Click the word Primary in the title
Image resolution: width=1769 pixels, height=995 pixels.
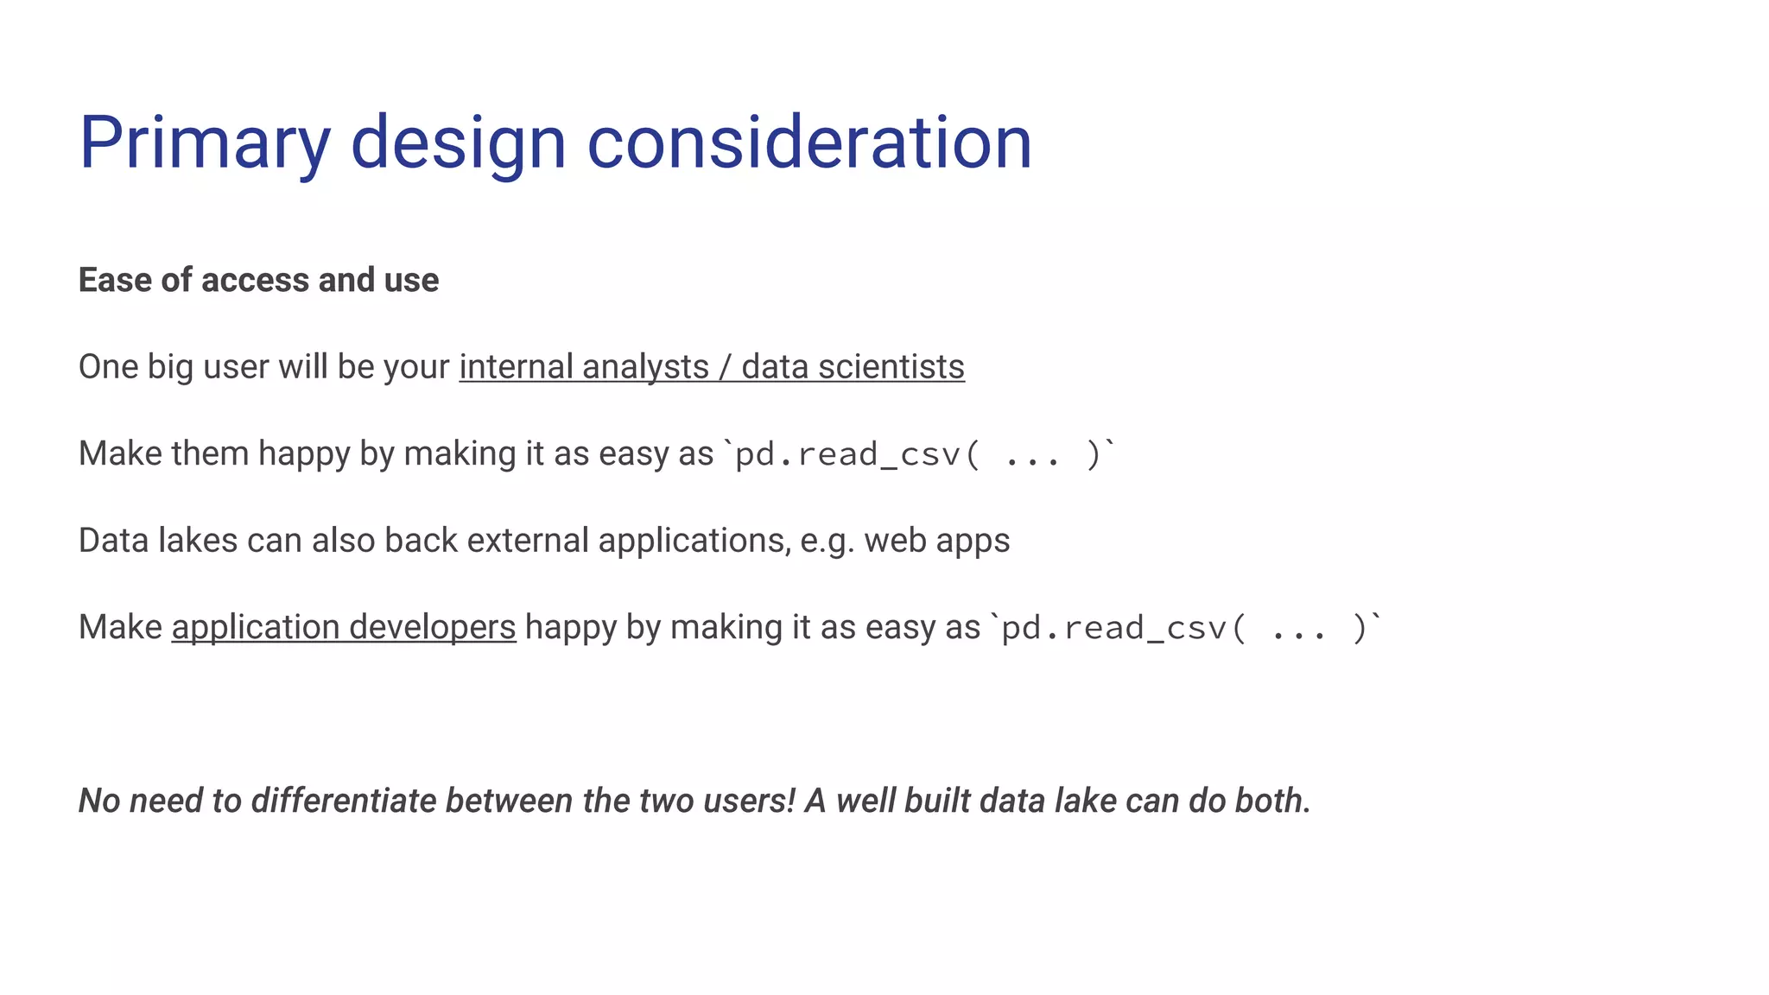(205, 143)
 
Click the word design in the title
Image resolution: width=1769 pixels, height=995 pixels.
(458, 143)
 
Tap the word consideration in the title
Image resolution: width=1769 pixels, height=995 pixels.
(809, 143)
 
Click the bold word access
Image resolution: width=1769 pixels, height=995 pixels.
(255, 281)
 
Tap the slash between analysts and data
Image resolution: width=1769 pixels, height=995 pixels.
(725, 367)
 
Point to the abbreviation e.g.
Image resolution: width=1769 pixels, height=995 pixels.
(827, 541)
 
